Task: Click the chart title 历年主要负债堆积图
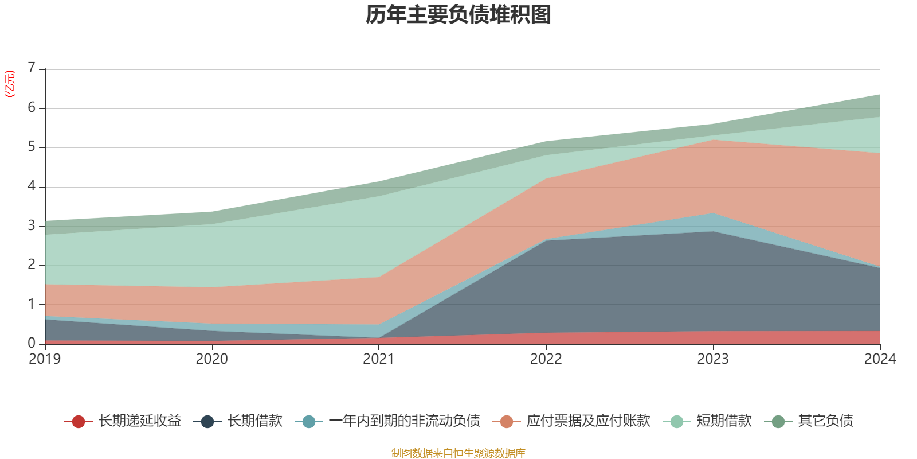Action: pyautogui.click(x=458, y=15)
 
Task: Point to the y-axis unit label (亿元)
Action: pyautogui.click(x=10, y=84)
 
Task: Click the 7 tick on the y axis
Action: pyautogui.click(x=32, y=68)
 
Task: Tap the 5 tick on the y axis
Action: pyautogui.click(x=32, y=147)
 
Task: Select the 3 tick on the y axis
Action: pyautogui.click(x=32, y=225)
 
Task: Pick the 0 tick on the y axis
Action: pyautogui.click(x=32, y=343)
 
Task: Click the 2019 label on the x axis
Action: pyautogui.click(x=45, y=359)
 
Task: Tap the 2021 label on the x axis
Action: pyautogui.click(x=379, y=359)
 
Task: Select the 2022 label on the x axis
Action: pyautogui.click(x=546, y=359)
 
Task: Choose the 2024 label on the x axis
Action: pyautogui.click(x=880, y=359)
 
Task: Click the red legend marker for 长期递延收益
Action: pyautogui.click(x=79, y=422)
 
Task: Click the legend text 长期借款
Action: pyautogui.click(x=255, y=421)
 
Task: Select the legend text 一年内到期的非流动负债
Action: pyautogui.click(x=404, y=421)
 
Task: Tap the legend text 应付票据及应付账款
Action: pyautogui.click(x=588, y=421)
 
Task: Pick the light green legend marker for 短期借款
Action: pyautogui.click(x=676, y=422)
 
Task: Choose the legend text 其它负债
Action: pyautogui.click(x=825, y=421)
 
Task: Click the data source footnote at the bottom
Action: pyautogui.click(x=458, y=453)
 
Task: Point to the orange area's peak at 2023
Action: pyautogui.click(x=713, y=140)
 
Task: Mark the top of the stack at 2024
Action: pyautogui.click(x=880, y=95)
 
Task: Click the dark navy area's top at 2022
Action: pyautogui.click(x=546, y=240)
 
